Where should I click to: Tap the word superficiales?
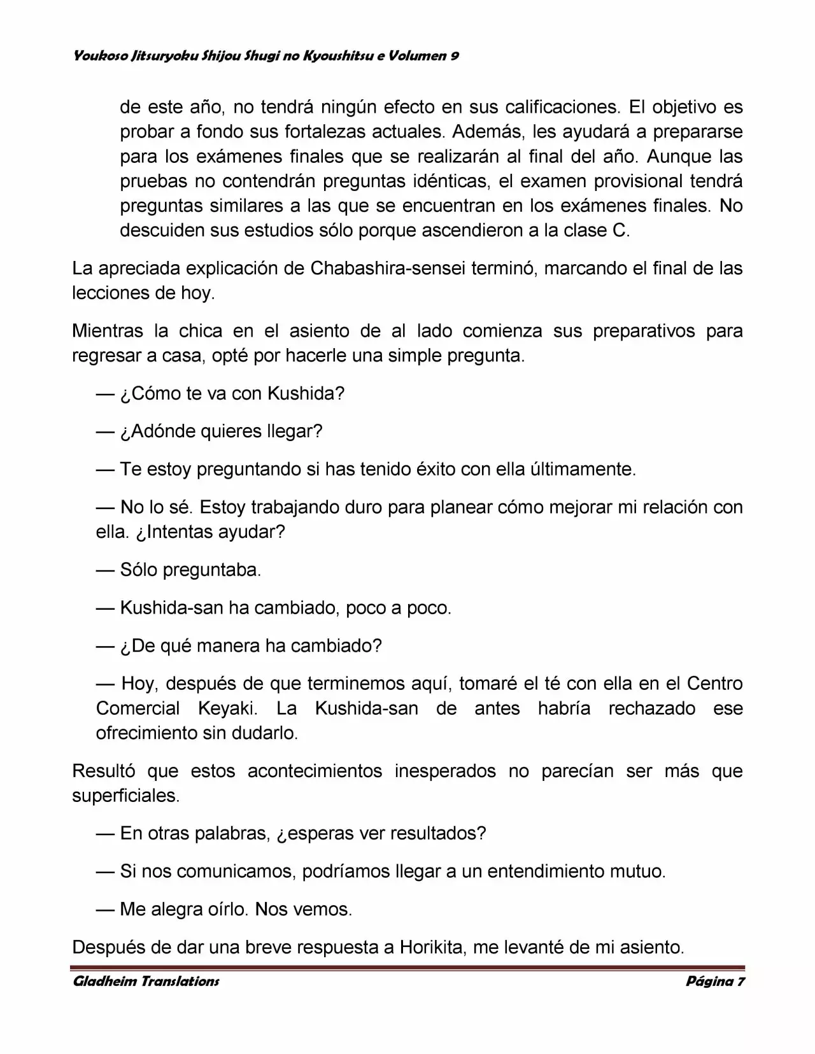click(125, 796)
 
